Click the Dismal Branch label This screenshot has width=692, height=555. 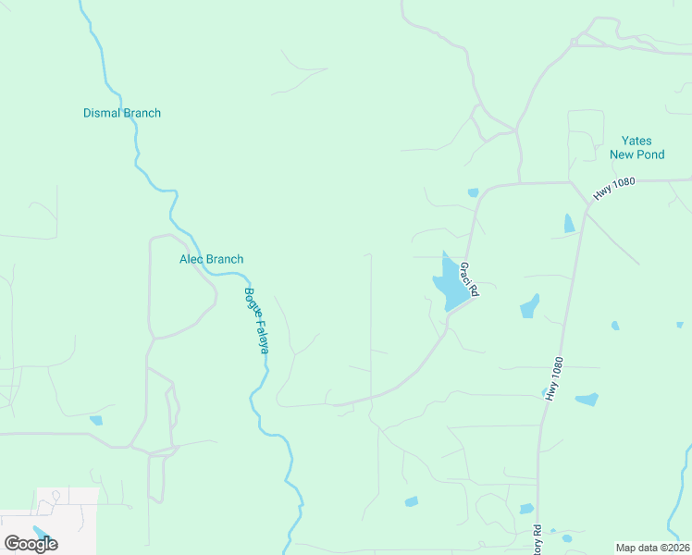pos(122,113)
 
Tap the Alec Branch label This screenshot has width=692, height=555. pos(211,259)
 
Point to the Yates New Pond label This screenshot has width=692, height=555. pos(636,148)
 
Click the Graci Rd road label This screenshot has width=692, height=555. pos(468,278)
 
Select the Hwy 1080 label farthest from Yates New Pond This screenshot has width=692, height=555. pos(554,379)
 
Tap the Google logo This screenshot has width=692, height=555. pos(31,543)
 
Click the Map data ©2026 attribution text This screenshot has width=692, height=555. pos(652,547)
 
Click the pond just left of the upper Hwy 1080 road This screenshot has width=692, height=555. pos(569,223)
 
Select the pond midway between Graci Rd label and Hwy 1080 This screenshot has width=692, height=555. pos(529,306)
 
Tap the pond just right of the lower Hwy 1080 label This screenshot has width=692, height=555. pos(587,400)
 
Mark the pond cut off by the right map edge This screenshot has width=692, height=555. pos(680,325)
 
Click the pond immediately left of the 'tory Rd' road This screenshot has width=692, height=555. pos(526,509)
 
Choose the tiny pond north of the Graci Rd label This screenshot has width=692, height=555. pos(473,192)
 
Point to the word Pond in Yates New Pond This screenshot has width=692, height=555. pos(649,154)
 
